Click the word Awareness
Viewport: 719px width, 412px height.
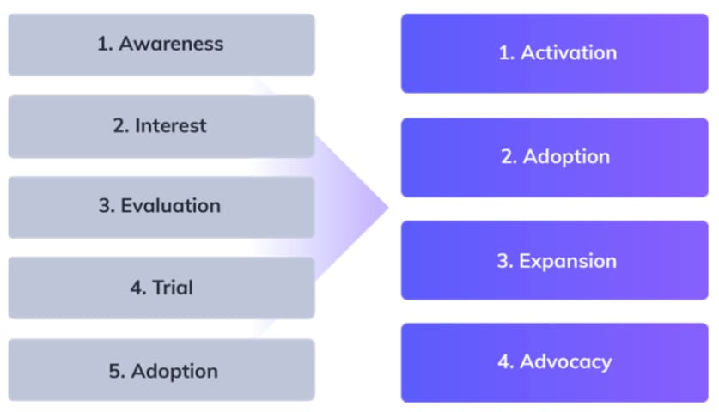[171, 44]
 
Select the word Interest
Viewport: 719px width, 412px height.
[171, 125]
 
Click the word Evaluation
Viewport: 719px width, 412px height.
[170, 206]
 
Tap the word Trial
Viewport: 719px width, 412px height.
[173, 288]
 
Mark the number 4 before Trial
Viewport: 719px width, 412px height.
[137, 288]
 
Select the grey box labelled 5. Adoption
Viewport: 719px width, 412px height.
[161, 370]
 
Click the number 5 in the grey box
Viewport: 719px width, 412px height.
[114, 371]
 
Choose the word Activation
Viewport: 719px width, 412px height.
[568, 52]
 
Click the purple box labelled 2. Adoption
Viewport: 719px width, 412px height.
[554, 157]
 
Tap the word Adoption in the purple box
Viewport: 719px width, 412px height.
[566, 157]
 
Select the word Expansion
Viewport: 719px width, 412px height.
[568, 261]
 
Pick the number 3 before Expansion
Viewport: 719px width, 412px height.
[503, 261]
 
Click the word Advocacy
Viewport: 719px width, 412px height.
[566, 361]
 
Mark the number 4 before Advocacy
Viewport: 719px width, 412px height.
[505, 361]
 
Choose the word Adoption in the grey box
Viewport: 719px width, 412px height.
[174, 371]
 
